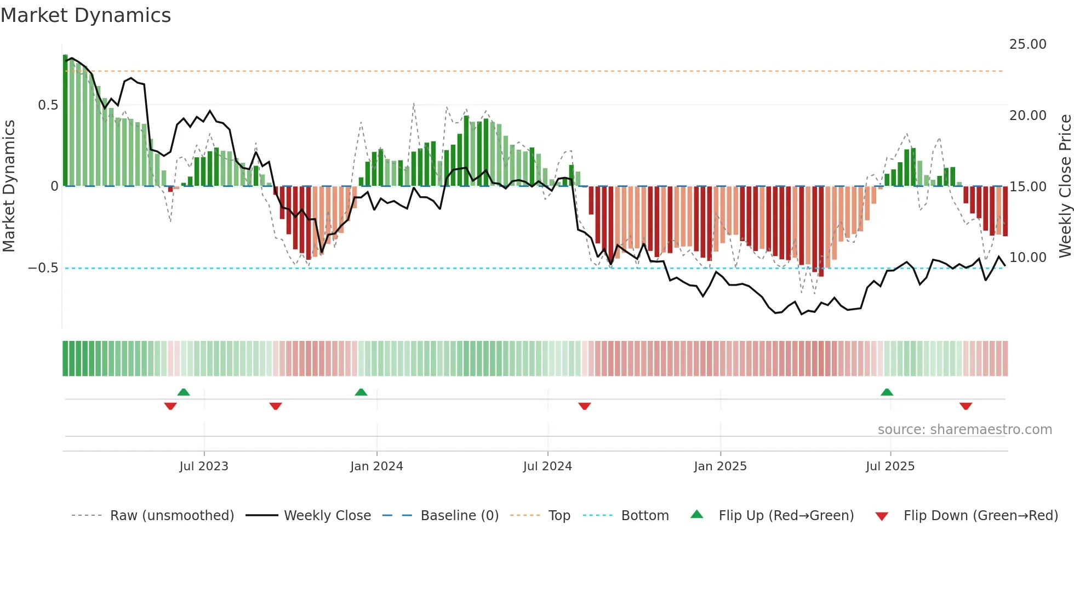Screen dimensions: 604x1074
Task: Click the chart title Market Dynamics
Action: (x=85, y=15)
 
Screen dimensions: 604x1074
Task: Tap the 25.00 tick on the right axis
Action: (x=1027, y=44)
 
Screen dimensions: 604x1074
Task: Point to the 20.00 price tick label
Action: (x=1027, y=116)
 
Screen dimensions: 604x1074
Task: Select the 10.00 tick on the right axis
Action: (x=1027, y=258)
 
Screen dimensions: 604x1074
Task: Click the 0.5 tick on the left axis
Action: (x=48, y=105)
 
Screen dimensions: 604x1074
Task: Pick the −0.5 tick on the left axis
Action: (x=43, y=268)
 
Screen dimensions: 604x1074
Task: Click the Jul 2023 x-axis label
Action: (x=204, y=466)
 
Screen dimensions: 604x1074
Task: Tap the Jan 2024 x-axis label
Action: (x=376, y=466)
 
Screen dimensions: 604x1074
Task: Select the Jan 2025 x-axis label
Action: (x=720, y=466)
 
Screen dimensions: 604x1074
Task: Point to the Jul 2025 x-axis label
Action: (x=890, y=466)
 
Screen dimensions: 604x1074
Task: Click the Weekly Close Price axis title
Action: (x=1065, y=186)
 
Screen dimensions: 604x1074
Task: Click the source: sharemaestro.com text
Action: (x=964, y=430)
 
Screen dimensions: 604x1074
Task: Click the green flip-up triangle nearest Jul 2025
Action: (x=887, y=392)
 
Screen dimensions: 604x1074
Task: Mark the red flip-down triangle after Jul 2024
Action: (x=585, y=406)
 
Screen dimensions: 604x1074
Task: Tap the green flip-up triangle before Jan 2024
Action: (x=361, y=392)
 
